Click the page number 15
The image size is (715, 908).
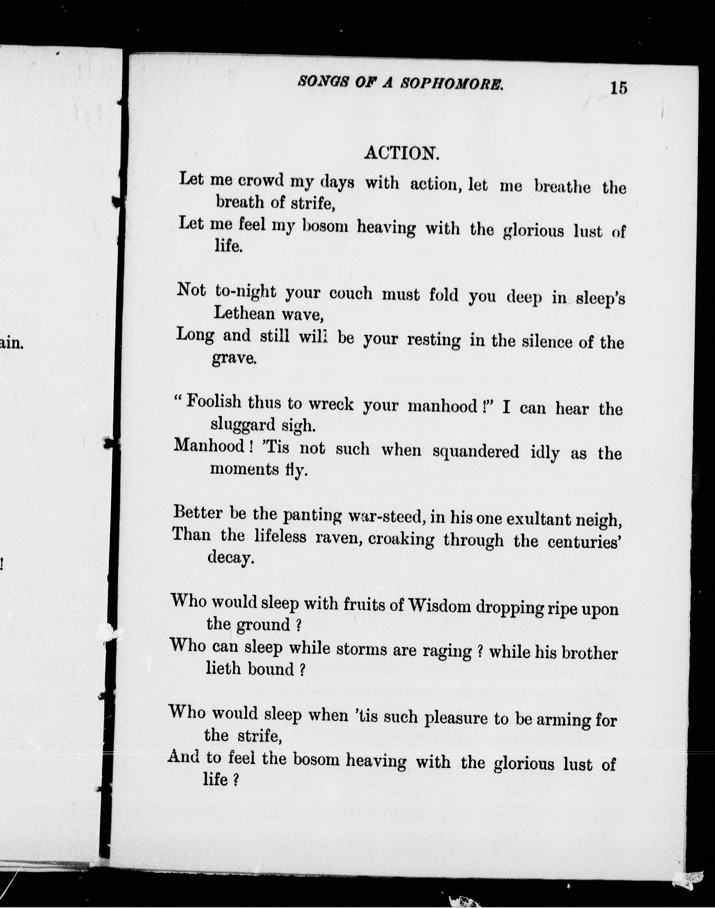[619, 88]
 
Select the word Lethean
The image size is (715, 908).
[244, 313]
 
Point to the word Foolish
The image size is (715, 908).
[214, 402]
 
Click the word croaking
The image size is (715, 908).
[401, 539]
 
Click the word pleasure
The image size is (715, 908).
[456, 718]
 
